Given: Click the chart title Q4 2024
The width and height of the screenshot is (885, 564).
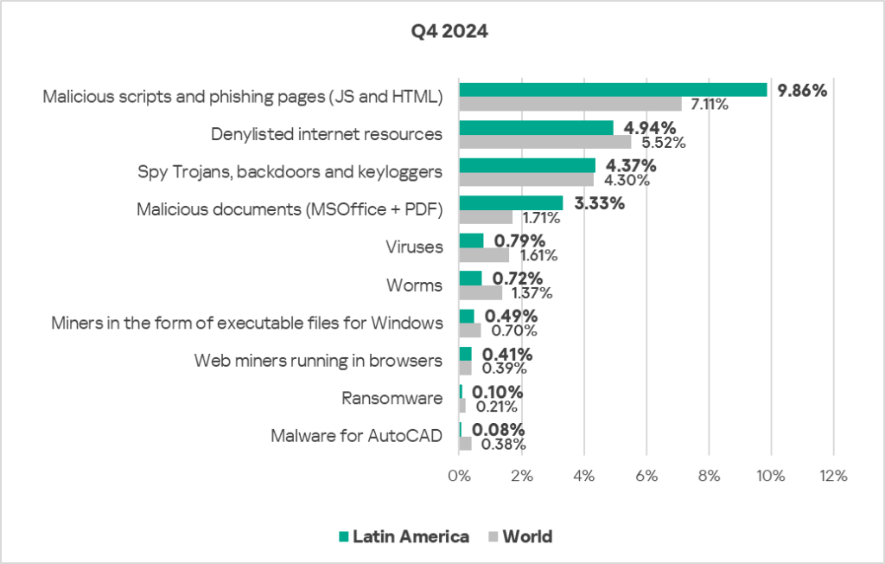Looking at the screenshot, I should (x=449, y=34).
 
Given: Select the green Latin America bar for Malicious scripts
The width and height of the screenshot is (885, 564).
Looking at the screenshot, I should (x=613, y=90).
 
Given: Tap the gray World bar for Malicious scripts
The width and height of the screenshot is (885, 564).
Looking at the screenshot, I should (x=570, y=105).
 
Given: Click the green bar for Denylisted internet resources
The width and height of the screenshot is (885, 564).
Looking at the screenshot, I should (x=536, y=128).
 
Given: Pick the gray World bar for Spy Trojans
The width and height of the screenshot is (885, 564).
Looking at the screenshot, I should (x=526, y=180).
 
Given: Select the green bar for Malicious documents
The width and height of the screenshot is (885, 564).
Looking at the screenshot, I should (x=511, y=203).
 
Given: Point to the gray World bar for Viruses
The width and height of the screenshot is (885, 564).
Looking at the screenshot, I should (x=484, y=255).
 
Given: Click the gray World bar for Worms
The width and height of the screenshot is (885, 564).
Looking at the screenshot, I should (x=481, y=293).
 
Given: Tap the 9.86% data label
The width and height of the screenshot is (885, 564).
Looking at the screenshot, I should (x=803, y=90).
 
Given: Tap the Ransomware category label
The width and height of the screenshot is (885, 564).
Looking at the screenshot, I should (x=392, y=399).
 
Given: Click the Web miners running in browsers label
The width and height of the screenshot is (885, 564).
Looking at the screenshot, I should (x=319, y=361).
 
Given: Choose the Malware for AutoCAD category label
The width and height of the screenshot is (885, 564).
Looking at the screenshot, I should (x=357, y=436).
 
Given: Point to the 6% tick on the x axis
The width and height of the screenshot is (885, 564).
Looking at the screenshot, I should (x=646, y=476).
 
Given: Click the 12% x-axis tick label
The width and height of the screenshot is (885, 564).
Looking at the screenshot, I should (x=833, y=476).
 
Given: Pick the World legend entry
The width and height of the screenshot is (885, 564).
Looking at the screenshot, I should (x=519, y=536).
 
